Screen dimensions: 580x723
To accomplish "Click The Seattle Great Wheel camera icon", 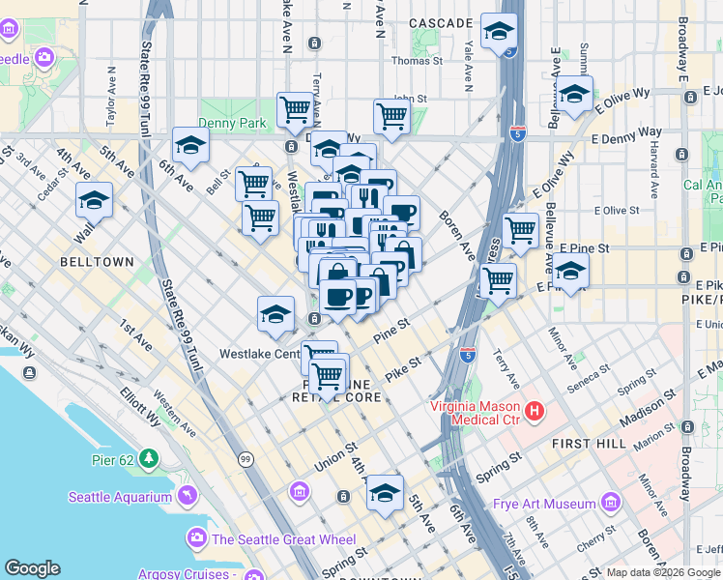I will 197,537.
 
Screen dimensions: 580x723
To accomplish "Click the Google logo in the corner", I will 32,568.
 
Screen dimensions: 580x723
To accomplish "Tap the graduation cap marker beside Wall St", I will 94,200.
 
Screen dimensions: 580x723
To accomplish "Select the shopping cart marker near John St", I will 391,115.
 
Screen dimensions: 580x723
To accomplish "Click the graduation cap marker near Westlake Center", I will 275,313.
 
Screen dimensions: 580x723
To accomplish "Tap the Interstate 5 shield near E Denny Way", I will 518,130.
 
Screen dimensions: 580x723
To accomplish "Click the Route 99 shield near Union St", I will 246,458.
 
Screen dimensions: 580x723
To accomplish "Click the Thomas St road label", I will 417,61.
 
